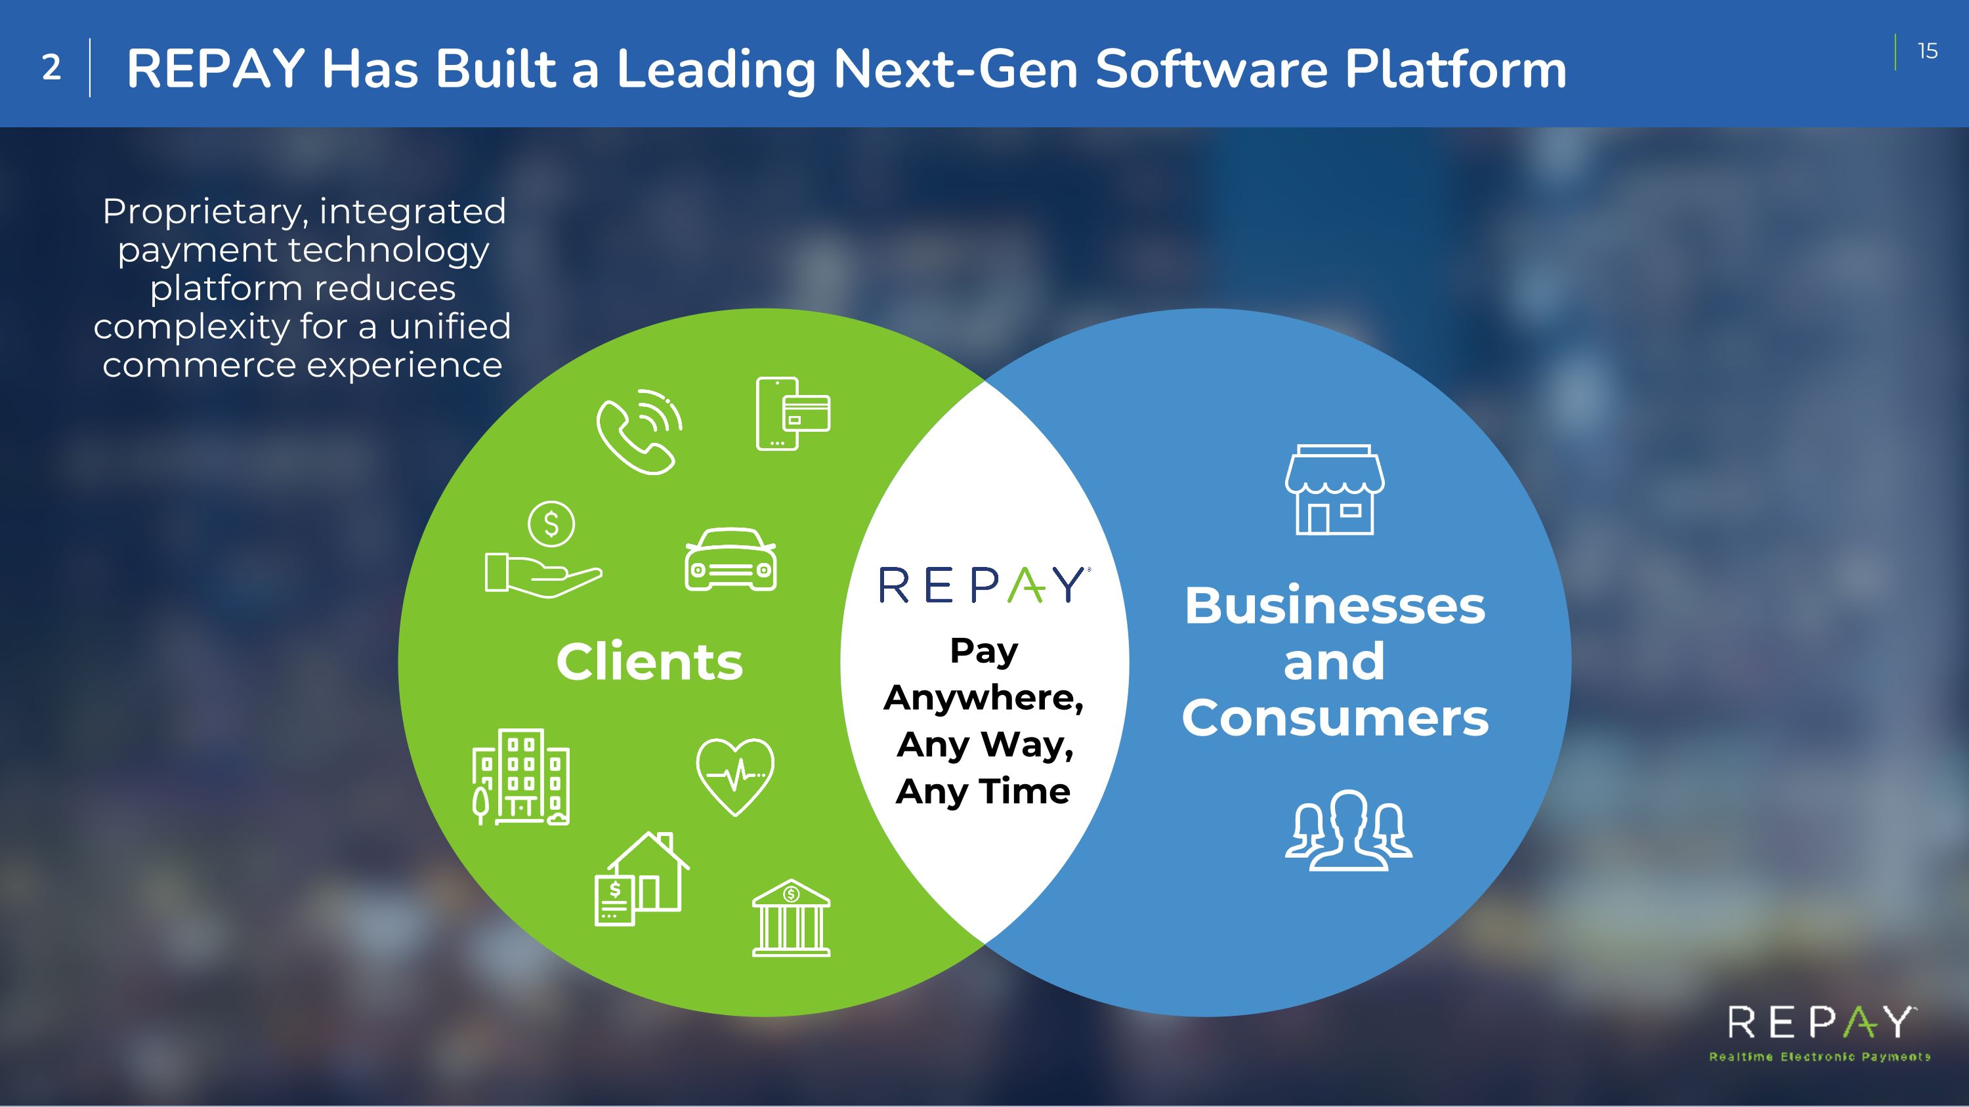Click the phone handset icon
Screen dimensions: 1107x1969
pyautogui.click(x=638, y=432)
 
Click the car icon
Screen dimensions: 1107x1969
pyautogui.click(x=730, y=559)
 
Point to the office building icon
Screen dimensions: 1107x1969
pyautogui.click(x=521, y=777)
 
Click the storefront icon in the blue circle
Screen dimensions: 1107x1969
pyautogui.click(x=1334, y=490)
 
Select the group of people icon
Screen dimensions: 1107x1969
pyautogui.click(x=1348, y=831)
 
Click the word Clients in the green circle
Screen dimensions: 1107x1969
pyautogui.click(x=650, y=661)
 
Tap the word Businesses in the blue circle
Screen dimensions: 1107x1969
pyautogui.click(x=1334, y=606)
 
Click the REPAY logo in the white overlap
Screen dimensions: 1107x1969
pyautogui.click(x=984, y=585)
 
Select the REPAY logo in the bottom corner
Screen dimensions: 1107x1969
pyautogui.click(x=1820, y=1024)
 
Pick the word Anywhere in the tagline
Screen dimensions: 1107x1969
pyautogui.click(x=984, y=698)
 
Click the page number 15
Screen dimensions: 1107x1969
pyautogui.click(x=1927, y=51)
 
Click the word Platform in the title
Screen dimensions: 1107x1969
pyautogui.click(x=1455, y=69)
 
